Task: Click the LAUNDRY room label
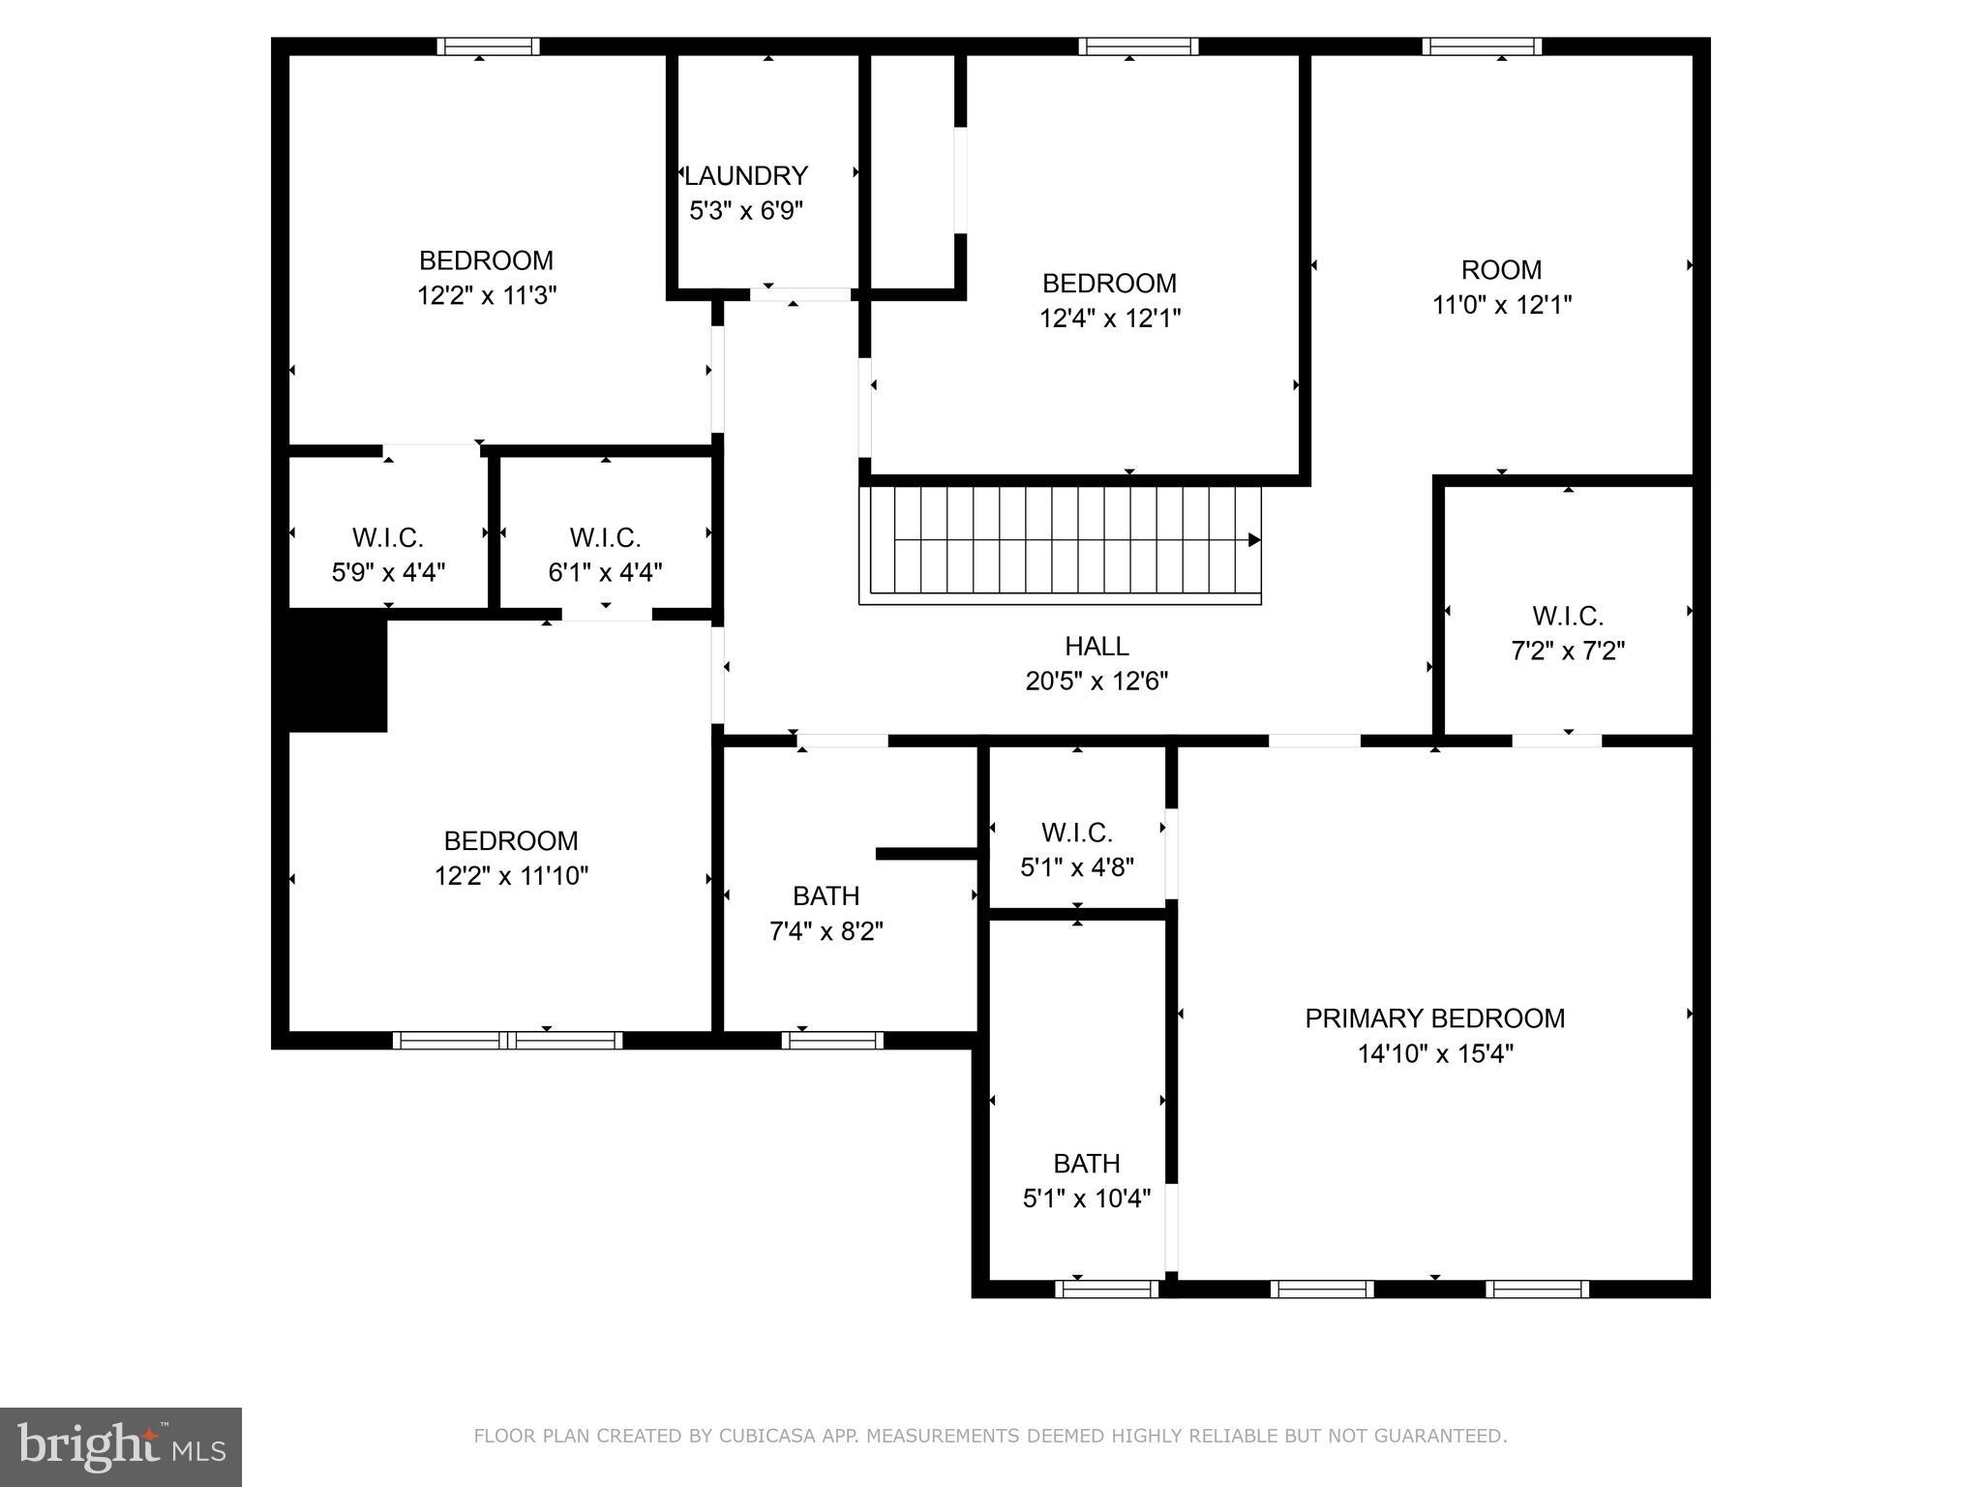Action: pyautogui.click(x=746, y=176)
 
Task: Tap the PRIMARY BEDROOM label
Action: pyautogui.click(x=1434, y=1018)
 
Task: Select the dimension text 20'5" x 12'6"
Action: pyautogui.click(x=1096, y=682)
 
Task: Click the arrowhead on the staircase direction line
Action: pyautogui.click(x=1254, y=540)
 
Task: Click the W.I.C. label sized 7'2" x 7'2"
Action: pyautogui.click(x=1568, y=616)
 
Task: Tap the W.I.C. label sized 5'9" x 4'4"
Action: pyautogui.click(x=388, y=537)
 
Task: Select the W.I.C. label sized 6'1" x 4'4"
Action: pyautogui.click(x=606, y=537)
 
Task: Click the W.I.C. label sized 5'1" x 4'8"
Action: pyautogui.click(x=1077, y=833)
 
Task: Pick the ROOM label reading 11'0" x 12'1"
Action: pyautogui.click(x=1501, y=270)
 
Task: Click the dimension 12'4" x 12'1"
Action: pyautogui.click(x=1110, y=319)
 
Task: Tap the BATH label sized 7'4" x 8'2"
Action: pyautogui.click(x=826, y=896)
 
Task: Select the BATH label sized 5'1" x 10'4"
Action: pyautogui.click(x=1087, y=1164)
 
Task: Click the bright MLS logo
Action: pyautogui.click(x=121, y=1447)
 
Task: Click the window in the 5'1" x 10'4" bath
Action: pyautogui.click(x=1107, y=1289)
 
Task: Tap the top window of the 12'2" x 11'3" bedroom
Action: pyautogui.click(x=488, y=46)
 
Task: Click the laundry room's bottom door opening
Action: pyautogui.click(x=801, y=294)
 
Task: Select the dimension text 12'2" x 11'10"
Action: pyautogui.click(x=511, y=876)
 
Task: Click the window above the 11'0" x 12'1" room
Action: pyautogui.click(x=1482, y=46)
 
